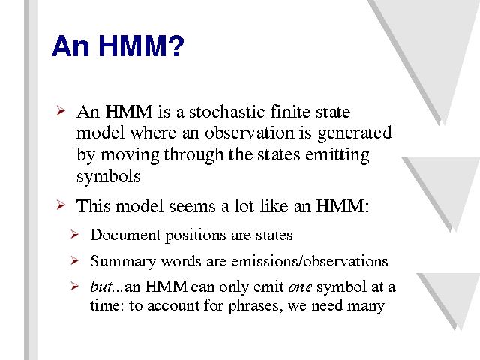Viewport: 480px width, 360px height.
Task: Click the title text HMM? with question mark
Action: (142, 46)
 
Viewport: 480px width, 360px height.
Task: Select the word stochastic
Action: (226, 112)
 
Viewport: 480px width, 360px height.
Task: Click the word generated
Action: (355, 134)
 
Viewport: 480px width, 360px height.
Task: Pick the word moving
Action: (130, 156)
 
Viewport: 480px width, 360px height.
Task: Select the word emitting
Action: (337, 155)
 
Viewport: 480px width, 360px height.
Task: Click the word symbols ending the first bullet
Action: (108, 177)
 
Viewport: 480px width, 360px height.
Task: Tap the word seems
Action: (192, 206)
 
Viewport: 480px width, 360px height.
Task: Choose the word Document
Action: (125, 235)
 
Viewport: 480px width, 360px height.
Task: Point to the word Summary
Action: (123, 262)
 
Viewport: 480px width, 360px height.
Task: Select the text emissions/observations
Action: (310, 261)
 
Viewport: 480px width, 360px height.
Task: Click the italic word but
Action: (101, 286)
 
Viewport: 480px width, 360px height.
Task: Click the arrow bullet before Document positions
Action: (74, 235)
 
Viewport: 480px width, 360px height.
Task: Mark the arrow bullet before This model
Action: (61, 205)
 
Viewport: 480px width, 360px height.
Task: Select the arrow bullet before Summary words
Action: (74, 260)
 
